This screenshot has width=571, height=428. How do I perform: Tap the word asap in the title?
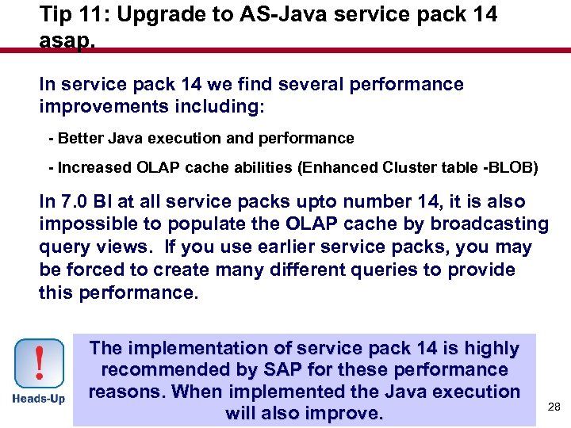67,40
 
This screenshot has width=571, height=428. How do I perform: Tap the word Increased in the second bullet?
92,168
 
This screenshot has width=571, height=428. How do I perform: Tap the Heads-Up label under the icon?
39,399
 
